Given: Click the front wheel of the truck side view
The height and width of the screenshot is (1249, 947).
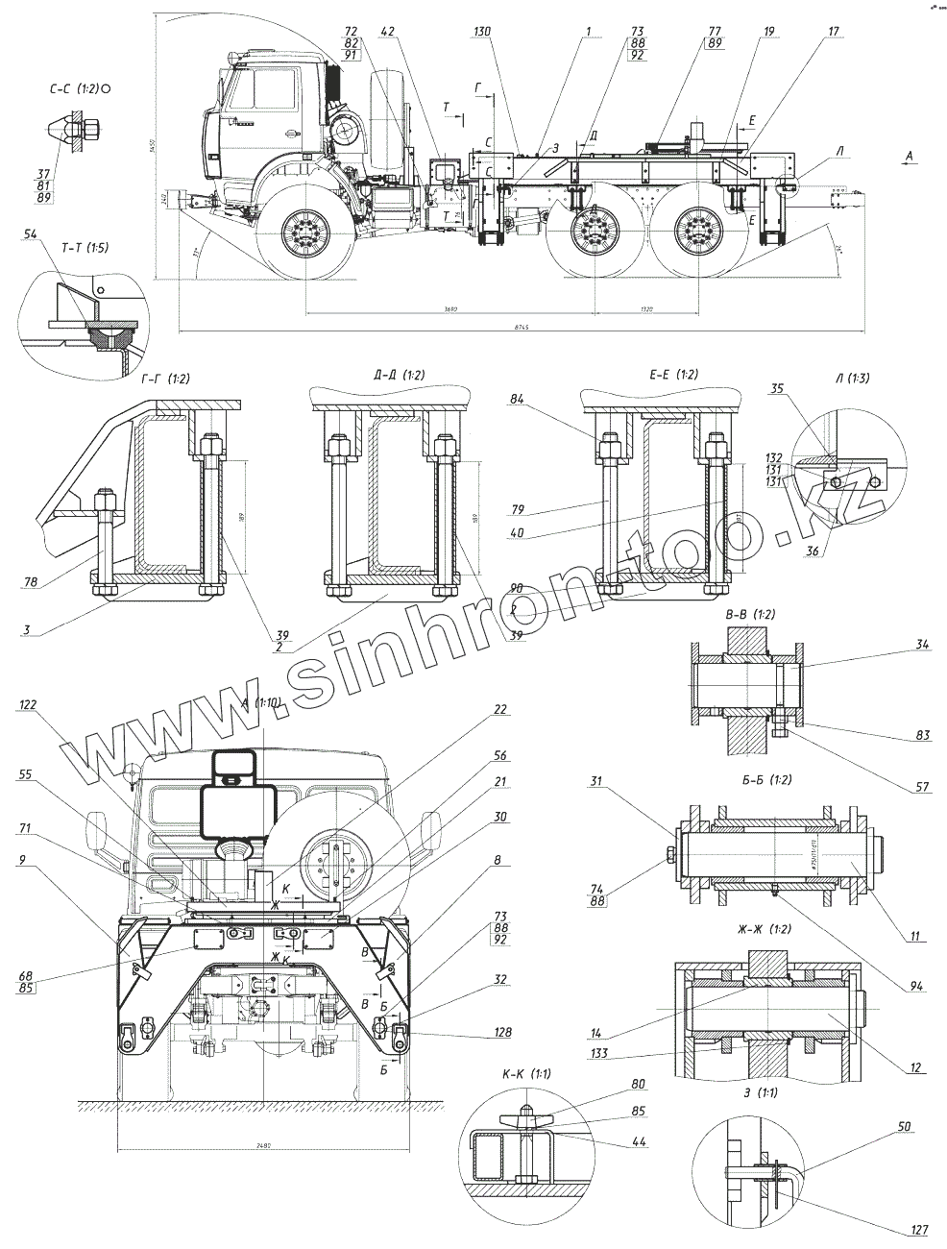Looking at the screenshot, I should pyautogui.click(x=306, y=233).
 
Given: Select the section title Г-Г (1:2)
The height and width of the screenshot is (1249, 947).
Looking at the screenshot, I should pyautogui.click(x=165, y=379).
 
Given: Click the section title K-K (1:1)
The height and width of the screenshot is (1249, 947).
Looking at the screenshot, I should pyautogui.click(x=526, y=1073).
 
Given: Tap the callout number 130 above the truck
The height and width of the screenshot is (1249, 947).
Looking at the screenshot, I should pyautogui.click(x=482, y=32).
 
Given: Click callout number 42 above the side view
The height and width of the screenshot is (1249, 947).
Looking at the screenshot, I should pyautogui.click(x=387, y=32).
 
